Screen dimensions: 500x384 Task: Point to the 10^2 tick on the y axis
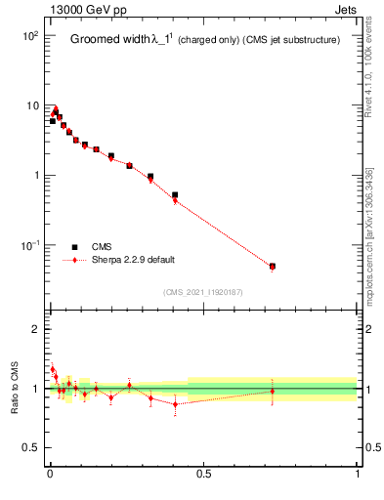(29, 35)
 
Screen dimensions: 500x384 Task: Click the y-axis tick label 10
(31, 105)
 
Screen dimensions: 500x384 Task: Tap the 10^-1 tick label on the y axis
(29, 245)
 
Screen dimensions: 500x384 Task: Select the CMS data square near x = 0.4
(175, 195)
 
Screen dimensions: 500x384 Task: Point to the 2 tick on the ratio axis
(35, 329)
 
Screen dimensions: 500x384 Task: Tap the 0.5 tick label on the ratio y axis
(31, 448)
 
